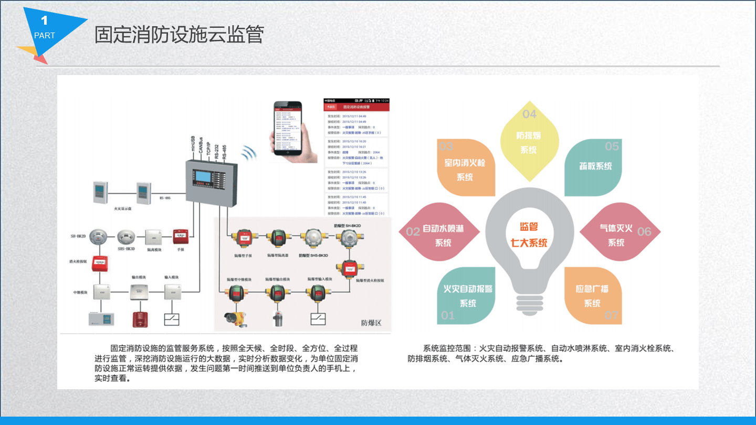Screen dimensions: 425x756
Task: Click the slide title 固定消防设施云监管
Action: (178, 35)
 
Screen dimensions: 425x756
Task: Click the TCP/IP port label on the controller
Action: (208, 147)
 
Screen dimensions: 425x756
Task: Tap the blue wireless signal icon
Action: (249, 154)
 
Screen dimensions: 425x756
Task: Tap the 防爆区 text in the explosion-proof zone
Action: (371, 322)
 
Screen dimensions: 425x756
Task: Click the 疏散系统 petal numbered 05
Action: (593, 167)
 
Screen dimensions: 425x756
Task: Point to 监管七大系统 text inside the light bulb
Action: (529, 235)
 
